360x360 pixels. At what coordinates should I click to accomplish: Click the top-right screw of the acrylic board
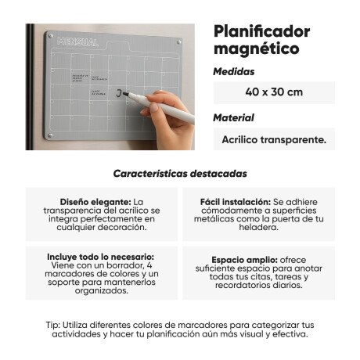pos(185,44)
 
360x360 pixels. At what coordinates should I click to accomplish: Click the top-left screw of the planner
pos(50,35)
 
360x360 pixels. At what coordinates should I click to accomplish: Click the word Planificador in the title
pos(261,31)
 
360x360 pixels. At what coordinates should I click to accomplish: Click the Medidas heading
pos(234,71)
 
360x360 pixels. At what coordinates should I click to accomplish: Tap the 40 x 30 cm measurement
pos(273,92)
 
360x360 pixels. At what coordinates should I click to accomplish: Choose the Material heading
pos(234,118)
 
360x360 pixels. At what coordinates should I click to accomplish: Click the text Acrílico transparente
pos(273,139)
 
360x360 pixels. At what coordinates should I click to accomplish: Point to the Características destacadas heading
pos(180,173)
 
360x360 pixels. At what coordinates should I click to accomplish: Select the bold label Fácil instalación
pos(224,201)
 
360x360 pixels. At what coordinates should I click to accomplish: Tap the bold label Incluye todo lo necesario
pos(100,256)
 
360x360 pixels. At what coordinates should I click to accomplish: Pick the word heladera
pos(259,227)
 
